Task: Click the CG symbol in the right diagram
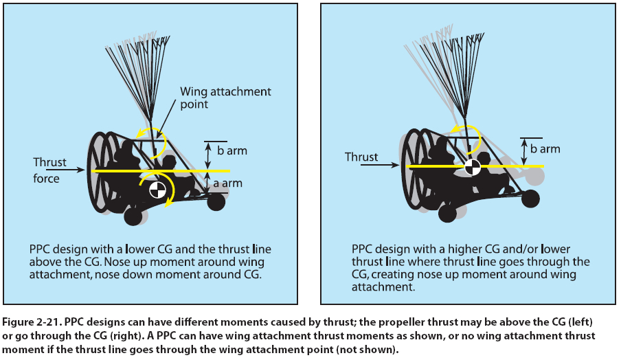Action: pos(471,166)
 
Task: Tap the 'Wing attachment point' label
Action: pos(225,98)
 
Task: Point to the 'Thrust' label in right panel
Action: pos(361,157)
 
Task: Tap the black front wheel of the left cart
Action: pos(216,201)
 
